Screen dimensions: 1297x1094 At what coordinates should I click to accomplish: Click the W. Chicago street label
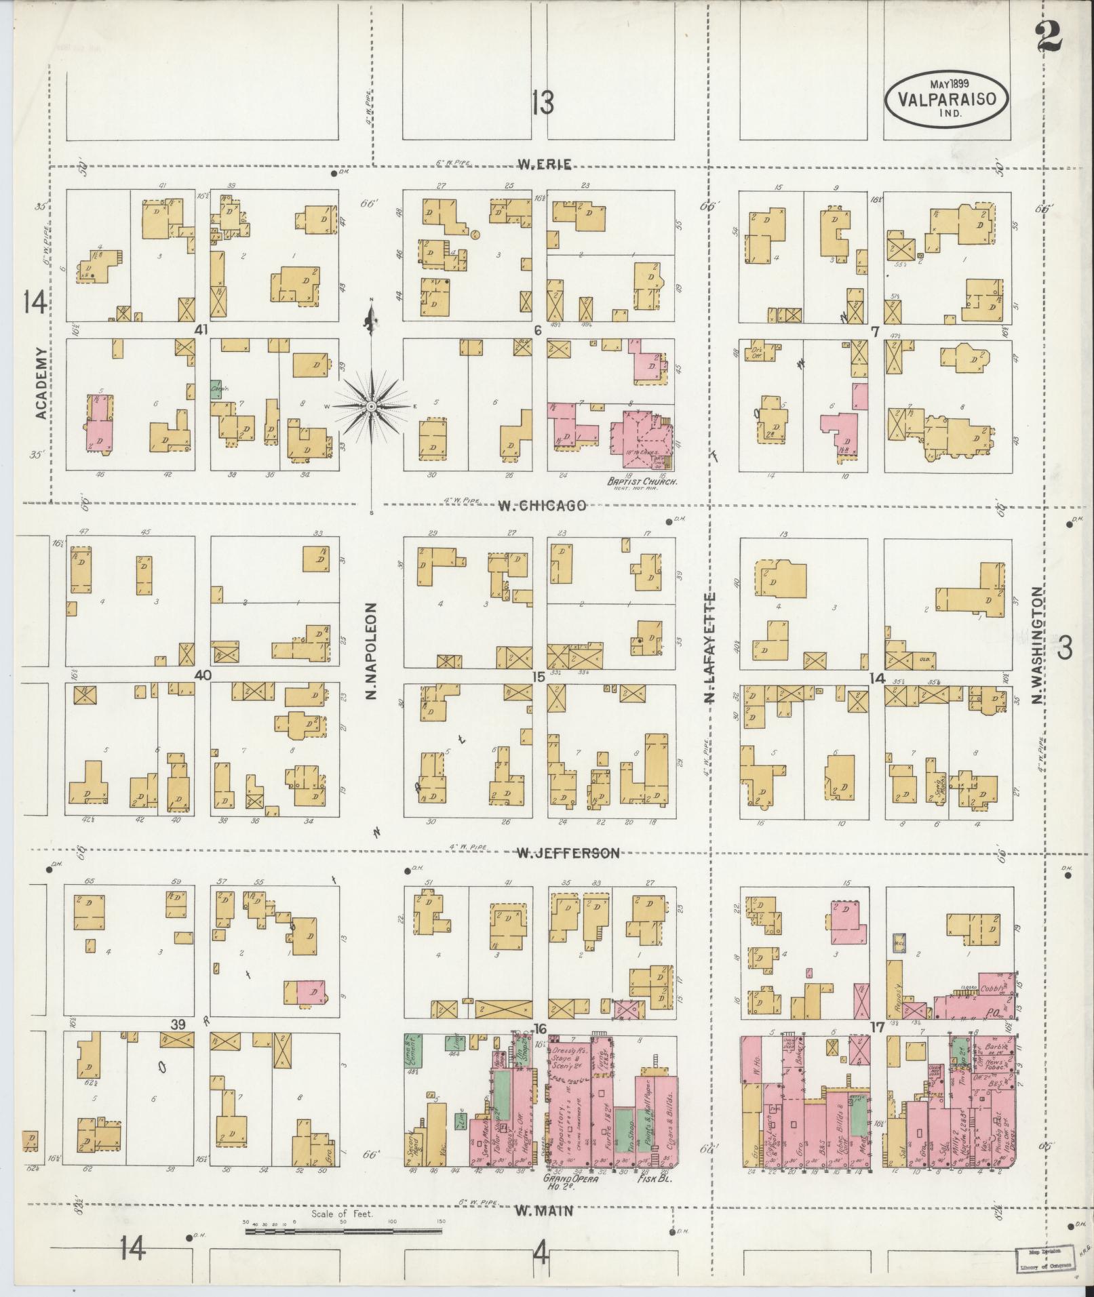(x=542, y=506)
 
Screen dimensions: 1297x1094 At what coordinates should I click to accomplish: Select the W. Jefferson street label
(x=568, y=853)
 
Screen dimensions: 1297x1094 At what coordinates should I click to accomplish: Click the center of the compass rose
(x=372, y=406)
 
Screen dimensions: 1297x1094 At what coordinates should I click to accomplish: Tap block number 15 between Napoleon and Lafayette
(x=539, y=676)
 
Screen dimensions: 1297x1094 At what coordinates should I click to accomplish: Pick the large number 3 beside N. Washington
(x=1065, y=649)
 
